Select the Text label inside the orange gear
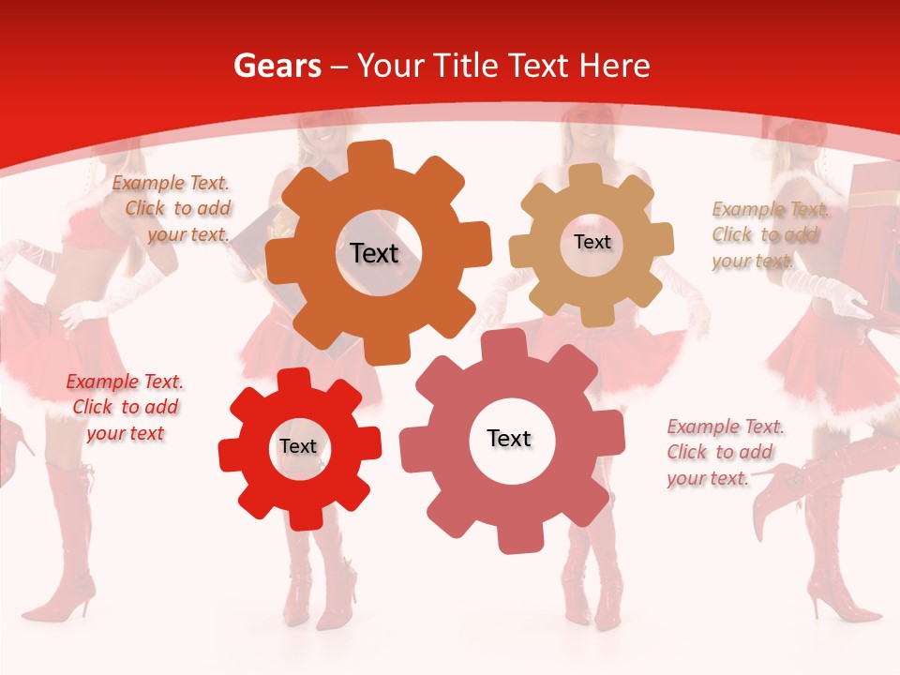[374, 253]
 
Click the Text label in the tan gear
[592, 242]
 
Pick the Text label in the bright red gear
[298, 447]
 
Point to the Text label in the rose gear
[509, 439]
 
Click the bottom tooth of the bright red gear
[301, 517]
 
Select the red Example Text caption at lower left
[125, 408]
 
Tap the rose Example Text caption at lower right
[724, 453]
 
